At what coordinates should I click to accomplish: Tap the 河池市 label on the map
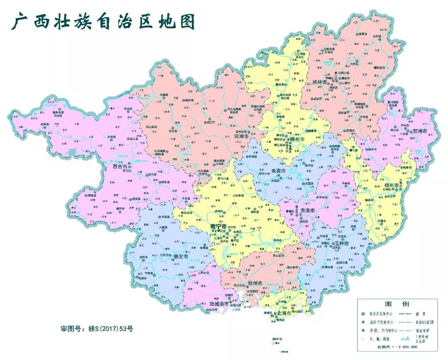point(241,136)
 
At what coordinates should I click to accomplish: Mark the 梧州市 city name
point(391,185)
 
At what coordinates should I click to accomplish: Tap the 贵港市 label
point(308,211)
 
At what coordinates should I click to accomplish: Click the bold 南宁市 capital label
point(218,227)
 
